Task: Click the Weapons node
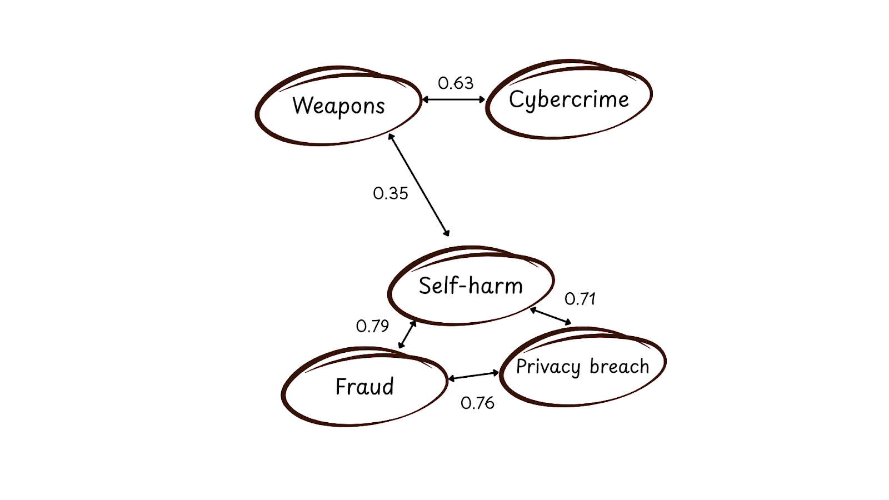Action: [x=338, y=106]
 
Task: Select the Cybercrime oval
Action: [x=569, y=99]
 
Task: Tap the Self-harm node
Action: [x=471, y=286]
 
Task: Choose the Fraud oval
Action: [x=364, y=387]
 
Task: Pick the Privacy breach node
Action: [x=582, y=367]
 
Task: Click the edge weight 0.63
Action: [x=456, y=83]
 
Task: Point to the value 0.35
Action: [x=391, y=193]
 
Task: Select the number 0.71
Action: [x=580, y=299]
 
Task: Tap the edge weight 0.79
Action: [x=372, y=326]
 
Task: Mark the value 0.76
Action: [x=477, y=403]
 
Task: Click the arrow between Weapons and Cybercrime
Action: [x=454, y=100]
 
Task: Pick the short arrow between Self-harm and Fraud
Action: [x=407, y=334]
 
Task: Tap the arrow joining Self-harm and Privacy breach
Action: [x=550, y=316]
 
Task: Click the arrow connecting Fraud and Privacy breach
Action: [x=473, y=376]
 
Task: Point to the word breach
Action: [x=619, y=367]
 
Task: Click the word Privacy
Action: [x=548, y=367]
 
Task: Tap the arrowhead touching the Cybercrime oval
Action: [x=482, y=100]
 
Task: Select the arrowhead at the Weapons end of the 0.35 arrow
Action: [x=391, y=137]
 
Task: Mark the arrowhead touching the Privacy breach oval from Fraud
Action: [x=496, y=373]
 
